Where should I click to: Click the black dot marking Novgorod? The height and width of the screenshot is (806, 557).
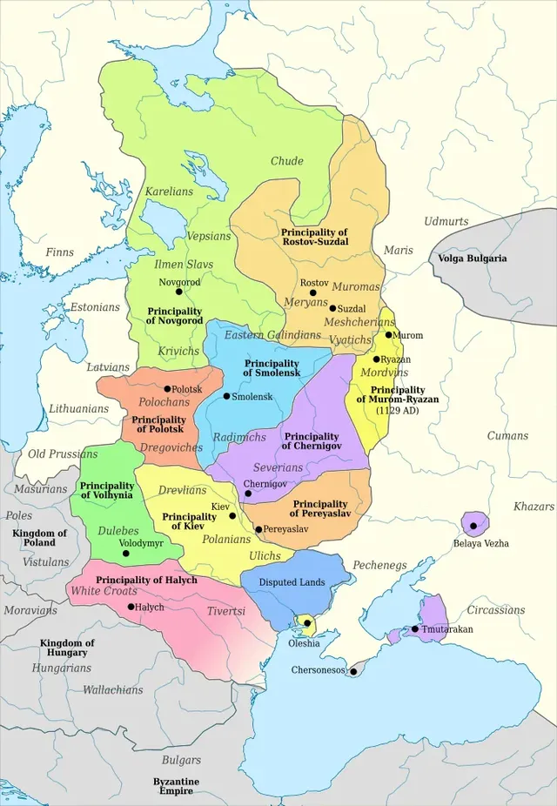coord(179,292)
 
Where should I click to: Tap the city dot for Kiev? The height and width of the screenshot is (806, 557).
coord(232,515)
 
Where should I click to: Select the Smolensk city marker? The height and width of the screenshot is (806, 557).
coord(227,396)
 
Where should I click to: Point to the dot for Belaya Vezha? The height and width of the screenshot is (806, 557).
coord(474,526)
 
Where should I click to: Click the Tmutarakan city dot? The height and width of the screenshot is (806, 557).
coord(415,628)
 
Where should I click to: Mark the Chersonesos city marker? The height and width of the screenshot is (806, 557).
coord(353,671)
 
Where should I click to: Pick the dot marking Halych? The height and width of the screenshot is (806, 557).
coord(131,607)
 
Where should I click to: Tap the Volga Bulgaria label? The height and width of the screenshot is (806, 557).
coord(472,259)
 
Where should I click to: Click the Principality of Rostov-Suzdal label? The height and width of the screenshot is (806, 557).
coord(314,237)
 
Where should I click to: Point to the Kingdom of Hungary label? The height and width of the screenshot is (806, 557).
coord(67,648)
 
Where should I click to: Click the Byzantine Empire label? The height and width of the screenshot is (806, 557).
coord(176,786)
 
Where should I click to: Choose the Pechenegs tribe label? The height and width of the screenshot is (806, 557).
coord(380,565)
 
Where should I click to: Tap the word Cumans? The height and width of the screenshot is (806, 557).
coord(507,436)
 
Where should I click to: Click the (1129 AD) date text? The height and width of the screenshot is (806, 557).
coord(397,410)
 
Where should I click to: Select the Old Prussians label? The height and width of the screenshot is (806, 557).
coord(63,453)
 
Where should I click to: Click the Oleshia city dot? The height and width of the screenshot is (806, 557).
coord(306,623)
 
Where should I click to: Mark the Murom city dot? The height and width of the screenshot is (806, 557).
coord(388,335)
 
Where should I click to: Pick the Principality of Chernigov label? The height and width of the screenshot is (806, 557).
coord(311,440)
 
